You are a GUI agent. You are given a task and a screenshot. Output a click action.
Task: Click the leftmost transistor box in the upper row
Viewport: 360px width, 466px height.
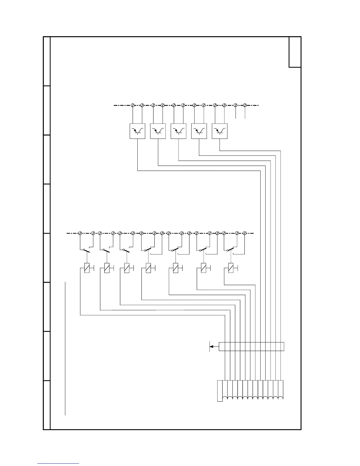coord(137,131)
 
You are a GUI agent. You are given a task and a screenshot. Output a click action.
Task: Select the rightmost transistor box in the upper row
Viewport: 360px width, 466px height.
coord(219,131)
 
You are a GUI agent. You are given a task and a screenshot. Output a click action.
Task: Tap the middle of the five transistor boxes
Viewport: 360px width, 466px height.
coord(179,131)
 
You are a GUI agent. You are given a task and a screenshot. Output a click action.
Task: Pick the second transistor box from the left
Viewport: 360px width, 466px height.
coord(158,131)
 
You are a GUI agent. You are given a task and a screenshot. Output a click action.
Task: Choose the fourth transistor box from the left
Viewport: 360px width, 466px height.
coord(199,131)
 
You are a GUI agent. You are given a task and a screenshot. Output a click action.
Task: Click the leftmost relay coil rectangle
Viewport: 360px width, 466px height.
coord(87,268)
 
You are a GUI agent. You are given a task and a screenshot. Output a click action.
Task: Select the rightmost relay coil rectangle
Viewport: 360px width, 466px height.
coord(231,268)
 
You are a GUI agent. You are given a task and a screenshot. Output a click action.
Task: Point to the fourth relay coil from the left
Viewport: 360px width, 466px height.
coord(149,268)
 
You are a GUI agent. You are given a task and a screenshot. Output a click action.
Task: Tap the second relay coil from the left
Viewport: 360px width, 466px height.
coord(107,268)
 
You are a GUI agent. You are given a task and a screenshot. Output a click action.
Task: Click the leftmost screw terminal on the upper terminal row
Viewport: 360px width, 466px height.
coord(132,105)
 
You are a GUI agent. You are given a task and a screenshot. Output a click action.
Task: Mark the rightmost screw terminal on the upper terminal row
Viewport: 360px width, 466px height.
coord(245,105)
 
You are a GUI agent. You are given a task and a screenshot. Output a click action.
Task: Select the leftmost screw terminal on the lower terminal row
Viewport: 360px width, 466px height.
coord(80,233)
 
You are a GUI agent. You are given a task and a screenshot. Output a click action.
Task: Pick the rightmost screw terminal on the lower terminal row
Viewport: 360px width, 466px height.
coord(244,233)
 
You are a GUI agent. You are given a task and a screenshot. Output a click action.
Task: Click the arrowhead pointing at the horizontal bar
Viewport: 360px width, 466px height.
coord(211,347)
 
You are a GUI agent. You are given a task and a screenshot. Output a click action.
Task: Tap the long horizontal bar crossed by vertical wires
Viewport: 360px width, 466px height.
coord(251,347)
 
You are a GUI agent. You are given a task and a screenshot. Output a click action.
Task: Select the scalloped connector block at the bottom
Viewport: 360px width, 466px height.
coord(250,390)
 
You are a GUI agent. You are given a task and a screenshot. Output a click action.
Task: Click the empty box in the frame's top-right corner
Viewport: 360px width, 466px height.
coord(295,52)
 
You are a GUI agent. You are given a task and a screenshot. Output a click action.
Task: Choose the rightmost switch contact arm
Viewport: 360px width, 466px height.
coord(231,250)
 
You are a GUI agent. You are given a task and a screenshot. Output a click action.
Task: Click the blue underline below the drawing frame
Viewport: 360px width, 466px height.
coord(58,463)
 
